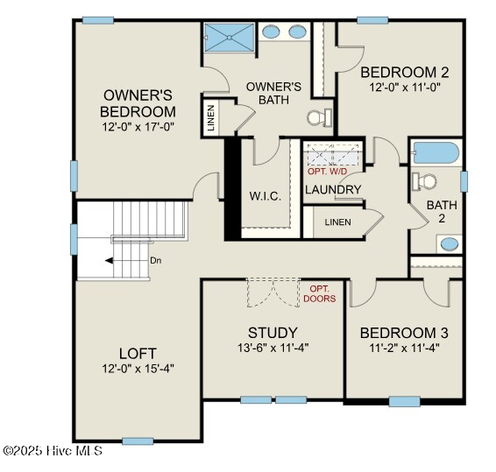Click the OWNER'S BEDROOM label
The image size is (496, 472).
coord(138,103)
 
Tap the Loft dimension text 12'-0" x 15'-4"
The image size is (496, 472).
coord(138,369)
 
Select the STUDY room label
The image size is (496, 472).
coord(272,333)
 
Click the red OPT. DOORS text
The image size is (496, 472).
coord(319,293)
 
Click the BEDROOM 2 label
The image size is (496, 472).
coord(404,73)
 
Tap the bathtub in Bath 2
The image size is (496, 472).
coord(435,154)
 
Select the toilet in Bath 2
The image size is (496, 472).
coord(426,181)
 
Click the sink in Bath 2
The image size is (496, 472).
coord(448,243)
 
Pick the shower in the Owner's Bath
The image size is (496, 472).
coord(230,38)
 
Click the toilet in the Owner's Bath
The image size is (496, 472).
coord(319,116)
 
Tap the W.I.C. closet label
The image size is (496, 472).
coord(264,195)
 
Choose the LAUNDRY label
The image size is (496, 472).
coord(333,189)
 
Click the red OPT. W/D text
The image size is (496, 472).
coord(328,171)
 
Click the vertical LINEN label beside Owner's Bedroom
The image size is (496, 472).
coord(211,119)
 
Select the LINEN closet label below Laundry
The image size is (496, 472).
coord(337,222)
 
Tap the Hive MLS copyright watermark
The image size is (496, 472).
coord(53,451)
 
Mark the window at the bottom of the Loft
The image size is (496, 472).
coord(138,440)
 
